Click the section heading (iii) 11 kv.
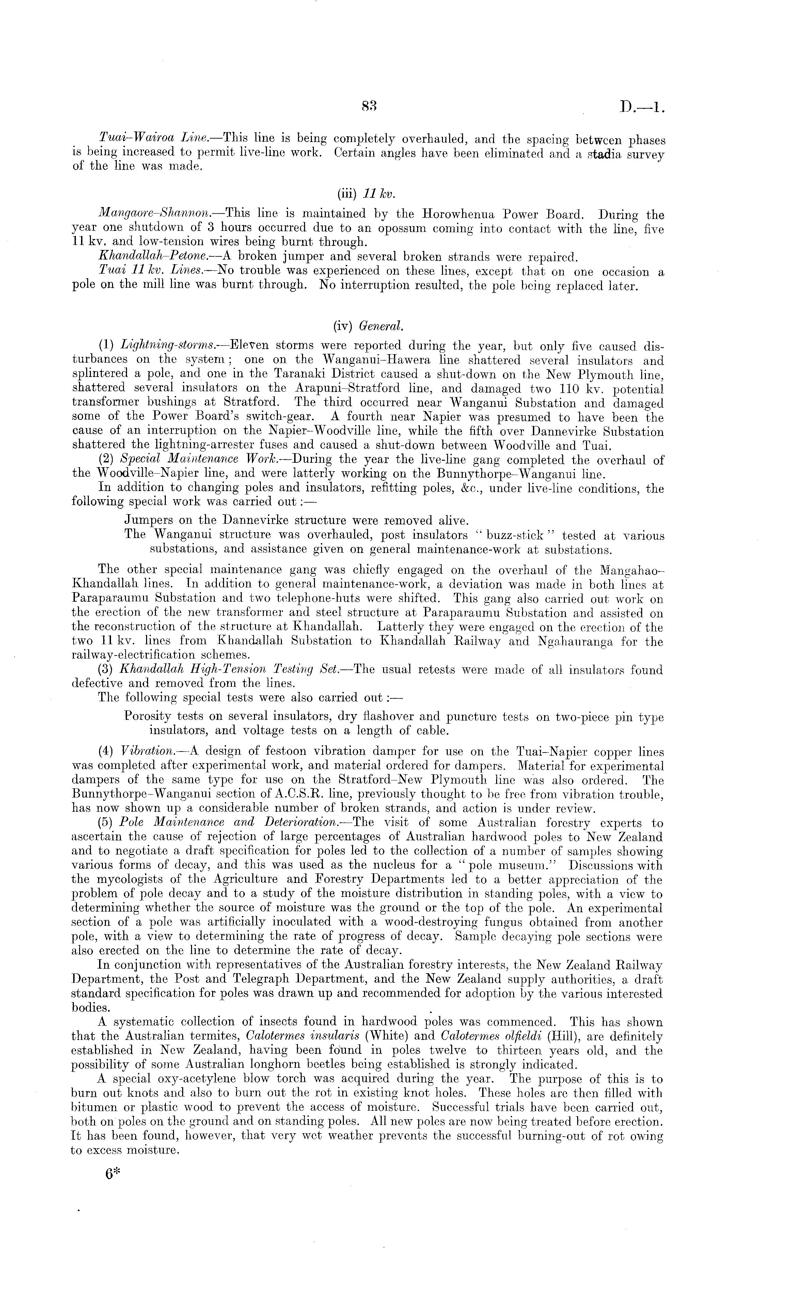(x=366, y=194)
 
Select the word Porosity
(x=147, y=717)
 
